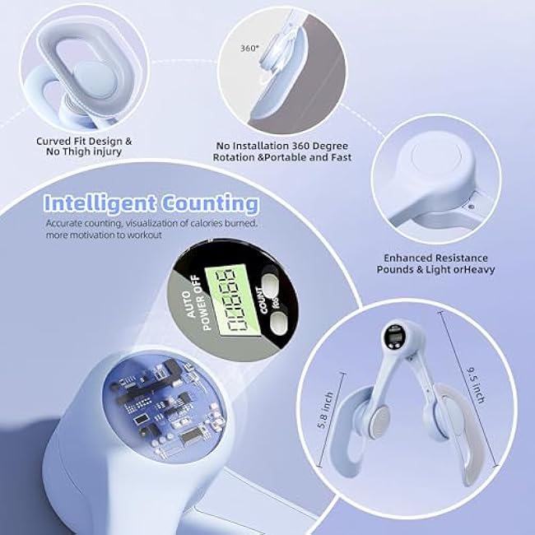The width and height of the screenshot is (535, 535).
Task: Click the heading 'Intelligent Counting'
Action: [x=151, y=202]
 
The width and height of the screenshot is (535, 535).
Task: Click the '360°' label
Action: [x=250, y=48]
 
